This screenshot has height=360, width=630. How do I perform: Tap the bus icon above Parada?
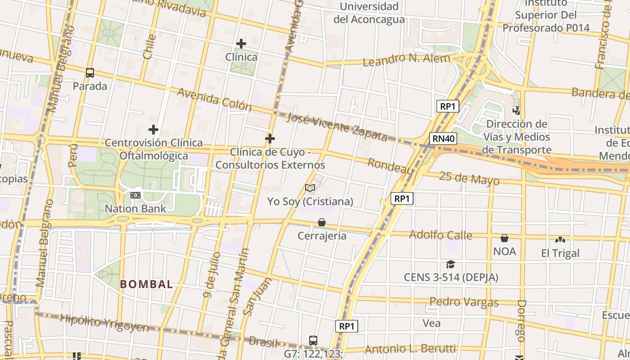pos(90,72)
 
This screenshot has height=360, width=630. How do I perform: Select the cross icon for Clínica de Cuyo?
pos(270,139)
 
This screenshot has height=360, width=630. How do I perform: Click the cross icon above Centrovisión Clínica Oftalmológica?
pos(153,130)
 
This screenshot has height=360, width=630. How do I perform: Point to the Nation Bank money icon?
pos(135,195)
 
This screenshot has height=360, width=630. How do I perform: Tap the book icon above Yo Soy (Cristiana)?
pos(310,188)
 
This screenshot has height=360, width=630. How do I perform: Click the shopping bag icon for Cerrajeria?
pos(322,222)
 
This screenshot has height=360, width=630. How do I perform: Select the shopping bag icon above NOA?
pos(504,238)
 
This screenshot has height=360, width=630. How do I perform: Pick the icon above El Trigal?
pos(560,239)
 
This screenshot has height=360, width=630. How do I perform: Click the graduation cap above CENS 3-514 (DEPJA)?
pos(450,264)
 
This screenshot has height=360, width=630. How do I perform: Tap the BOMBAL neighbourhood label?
pos(146,284)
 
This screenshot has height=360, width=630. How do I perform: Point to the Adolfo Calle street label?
pos(441,235)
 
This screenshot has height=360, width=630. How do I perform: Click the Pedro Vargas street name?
pos(464,302)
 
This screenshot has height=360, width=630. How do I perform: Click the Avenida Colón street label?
pos(214,99)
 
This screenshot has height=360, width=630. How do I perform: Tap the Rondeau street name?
pos(391,166)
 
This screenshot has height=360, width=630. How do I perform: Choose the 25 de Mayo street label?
pos(469,178)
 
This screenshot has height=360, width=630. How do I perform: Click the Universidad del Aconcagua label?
pos(369,13)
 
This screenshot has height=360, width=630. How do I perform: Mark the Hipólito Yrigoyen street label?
pos(104,323)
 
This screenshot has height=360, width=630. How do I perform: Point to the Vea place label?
pos(432,323)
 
